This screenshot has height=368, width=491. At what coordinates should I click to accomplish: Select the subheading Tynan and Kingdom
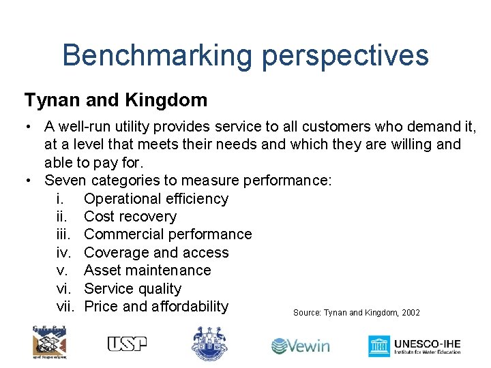click(116, 100)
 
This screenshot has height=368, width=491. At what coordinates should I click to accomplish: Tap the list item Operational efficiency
click(156, 199)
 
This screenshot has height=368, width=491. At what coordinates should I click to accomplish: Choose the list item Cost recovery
click(130, 217)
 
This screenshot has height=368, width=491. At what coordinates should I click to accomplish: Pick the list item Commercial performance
click(168, 234)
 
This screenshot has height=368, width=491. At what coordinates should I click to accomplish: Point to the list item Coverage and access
click(156, 253)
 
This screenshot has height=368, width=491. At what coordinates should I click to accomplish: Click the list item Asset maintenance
click(147, 271)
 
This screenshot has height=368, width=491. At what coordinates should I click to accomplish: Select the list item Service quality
click(132, 289)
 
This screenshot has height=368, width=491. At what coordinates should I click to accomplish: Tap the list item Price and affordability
click(156, 307)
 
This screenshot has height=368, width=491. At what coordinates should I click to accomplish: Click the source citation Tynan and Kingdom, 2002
click(357, 313)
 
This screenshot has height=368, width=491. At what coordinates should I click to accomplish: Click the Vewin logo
click(300, 346)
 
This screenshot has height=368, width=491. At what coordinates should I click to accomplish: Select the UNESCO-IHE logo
click(415, 346)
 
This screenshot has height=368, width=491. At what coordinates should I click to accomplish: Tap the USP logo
click(127, 344)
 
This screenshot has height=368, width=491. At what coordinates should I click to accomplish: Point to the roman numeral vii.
click(65, 307)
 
